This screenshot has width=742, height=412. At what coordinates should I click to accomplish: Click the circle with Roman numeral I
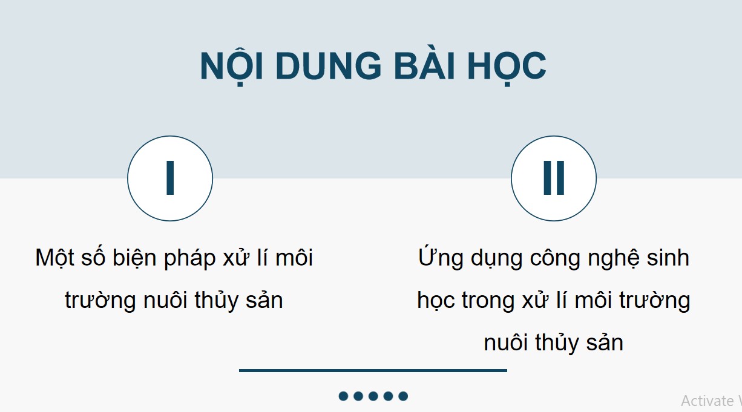tap(170, 178)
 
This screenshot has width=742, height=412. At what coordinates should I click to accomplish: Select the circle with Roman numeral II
tap(554, 178)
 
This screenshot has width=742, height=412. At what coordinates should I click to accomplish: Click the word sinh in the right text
tap(670, 258)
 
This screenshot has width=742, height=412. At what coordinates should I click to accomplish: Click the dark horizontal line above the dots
tap(373, 370)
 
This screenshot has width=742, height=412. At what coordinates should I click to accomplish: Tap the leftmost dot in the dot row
tap(343, 396)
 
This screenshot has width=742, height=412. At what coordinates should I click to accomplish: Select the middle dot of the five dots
tap(373, 396)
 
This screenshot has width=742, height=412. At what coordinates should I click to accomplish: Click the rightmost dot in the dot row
tap(403, 396)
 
